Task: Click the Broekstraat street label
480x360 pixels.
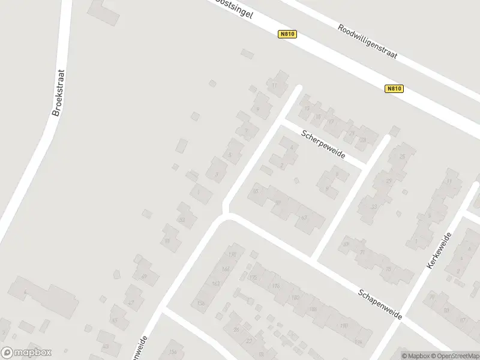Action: pyautogui.click(x=58, y=93)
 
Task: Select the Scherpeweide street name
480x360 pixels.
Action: pyautogui.click(x=323, y=144)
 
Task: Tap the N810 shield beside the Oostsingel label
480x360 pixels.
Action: pyautogui.click(x=287, y=35)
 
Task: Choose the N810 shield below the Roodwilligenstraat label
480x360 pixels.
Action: pyautogui.click(x=394, y=89)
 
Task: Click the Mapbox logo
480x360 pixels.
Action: pyautogui.click(x=26, y=353)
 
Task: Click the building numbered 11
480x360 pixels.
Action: pyautogui.click(x=275, y=86)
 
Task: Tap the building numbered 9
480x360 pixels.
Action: pyautogui.click(x=257, y=109)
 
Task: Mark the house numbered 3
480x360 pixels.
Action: pyautogui.click(x=215, y=175)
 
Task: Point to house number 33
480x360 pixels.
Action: pyautogui.click(x=374, y=206)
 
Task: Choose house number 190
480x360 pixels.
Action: pyautogui.click(x=344, y=326)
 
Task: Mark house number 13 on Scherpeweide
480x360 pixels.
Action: pyautogui.click(x=307, y=109)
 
